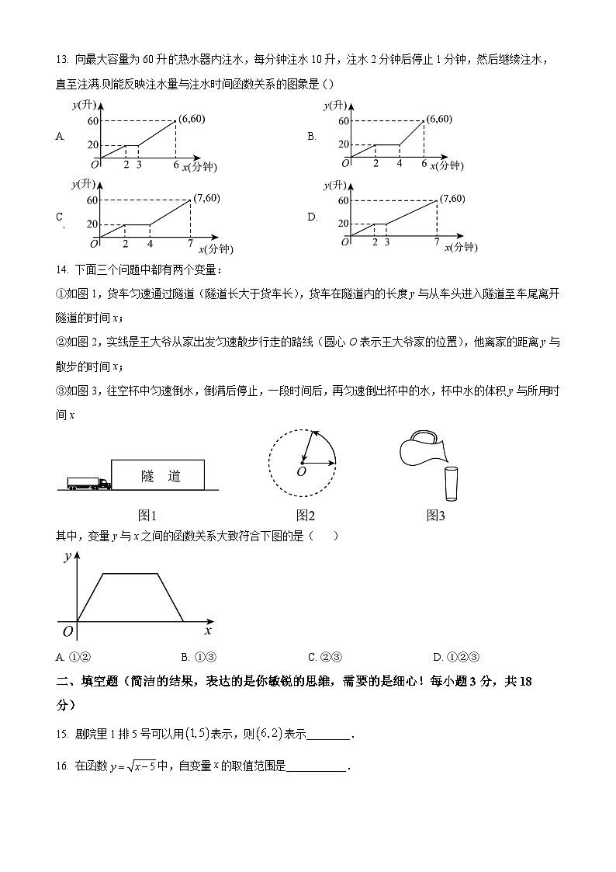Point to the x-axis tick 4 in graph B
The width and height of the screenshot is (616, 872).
[x=400, y=164]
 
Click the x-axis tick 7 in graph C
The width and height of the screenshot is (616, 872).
[x=190, y=244]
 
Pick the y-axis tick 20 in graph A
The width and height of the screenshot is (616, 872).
[x=93, y=145]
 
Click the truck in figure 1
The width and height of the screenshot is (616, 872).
[x=88, y=483]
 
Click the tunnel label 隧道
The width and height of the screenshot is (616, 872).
[x=161, y=476]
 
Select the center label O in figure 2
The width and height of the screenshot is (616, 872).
[x=301, y=471]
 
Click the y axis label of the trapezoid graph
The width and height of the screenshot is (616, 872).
[x=68, y=556]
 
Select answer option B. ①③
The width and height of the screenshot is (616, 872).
[x=198, y=656]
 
